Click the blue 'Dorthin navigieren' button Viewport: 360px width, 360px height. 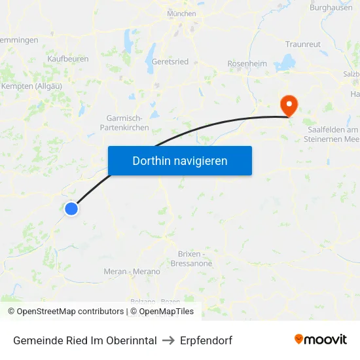(180, 160)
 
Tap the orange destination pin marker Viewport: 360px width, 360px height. (288, 105)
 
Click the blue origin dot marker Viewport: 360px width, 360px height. (71, 209)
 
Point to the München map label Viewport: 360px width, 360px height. (181, 13)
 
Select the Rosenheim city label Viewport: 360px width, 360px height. (247, 63)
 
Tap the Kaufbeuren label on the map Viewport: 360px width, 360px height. (68, 59)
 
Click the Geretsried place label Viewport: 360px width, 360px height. (170, 62)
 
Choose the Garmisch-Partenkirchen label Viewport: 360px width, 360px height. (128, 123)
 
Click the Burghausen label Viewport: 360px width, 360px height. (332, 7)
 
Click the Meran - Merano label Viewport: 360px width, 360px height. (132, 272)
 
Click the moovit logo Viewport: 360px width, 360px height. (321, 340)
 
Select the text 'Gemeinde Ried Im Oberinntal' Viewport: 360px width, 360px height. (85, 340)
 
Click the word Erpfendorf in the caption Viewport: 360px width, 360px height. (207, 340)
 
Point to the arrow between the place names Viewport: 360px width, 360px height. (169, 340)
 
